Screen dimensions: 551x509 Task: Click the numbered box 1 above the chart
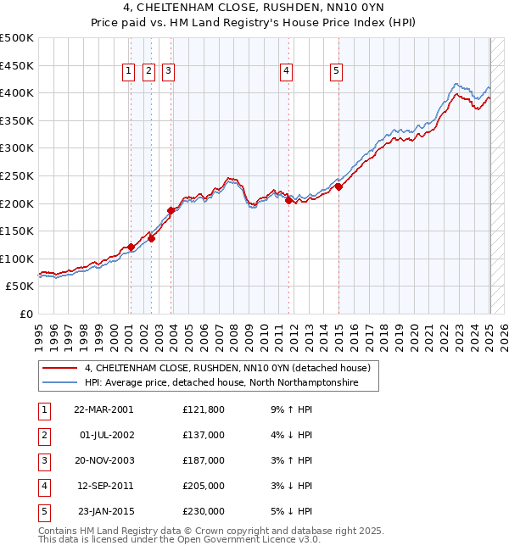pos(128,72)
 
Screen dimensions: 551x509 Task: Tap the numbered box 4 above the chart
pos(288,72)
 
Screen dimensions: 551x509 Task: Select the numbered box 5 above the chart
pos(337,72)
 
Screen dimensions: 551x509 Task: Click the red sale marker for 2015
pos(338,187)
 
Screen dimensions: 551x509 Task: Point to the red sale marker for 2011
pos(288,201)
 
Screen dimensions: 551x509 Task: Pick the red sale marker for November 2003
pos(171,210)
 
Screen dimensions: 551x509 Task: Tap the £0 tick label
pos(25,314)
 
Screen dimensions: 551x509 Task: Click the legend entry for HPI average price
pos(221,383)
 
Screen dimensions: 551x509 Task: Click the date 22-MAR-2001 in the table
pos(103,409)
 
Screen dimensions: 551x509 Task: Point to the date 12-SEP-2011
pos(103,486)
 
